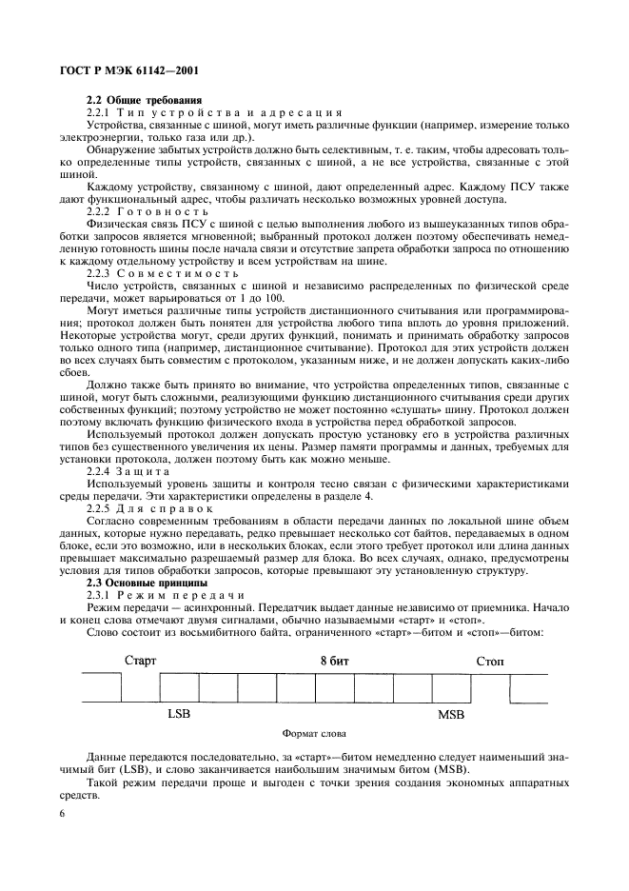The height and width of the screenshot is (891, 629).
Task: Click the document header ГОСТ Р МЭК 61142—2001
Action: [131, 69]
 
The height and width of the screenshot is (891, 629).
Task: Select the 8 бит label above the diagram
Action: [334, 659]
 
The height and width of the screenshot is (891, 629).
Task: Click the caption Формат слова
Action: [314, 734]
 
